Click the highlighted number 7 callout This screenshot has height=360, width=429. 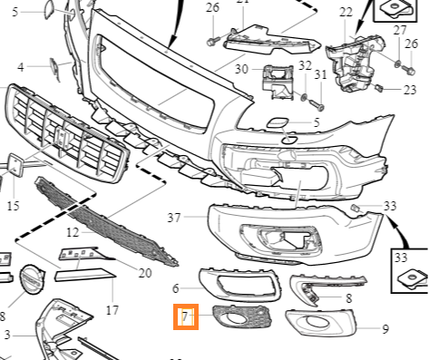pyautogui.click(x=185, y=316)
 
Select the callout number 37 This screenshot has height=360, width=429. pyautogui.click(x=174, y=218)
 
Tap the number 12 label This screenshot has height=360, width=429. pyautogui.click(x=73, y=232)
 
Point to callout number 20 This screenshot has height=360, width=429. pyautogui.click(x=145, y=273)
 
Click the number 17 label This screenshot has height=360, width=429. pyautogui.click(x=112, y=310)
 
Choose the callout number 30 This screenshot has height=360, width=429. pyautogui.click(x=241, y=69)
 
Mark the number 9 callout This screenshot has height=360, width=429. pyautogui.click(x=385, y=329)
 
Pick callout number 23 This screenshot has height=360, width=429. pyautogui.click(x=410, y=90)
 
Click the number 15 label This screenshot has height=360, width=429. pyautogui.click(x=13, y=206)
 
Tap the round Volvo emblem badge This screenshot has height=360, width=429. pyautogui.click(x=32, y=279)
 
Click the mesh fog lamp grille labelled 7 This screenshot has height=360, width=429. pyautogui.click(x=242, y=316)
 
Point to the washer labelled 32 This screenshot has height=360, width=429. pyautogui.click(x=304, y=97)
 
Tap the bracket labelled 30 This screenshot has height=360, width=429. pyautogui.click(x=278, y=83)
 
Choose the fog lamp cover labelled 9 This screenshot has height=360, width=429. pyautogui.click(x=321, y=322)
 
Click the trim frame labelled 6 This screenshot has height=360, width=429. pyautogui.click(x=240, y=285)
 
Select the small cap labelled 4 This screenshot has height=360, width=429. pyautogui.click(x=54, y=67)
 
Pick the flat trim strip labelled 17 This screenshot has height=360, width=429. pyautogui.click(x=85, y=275)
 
